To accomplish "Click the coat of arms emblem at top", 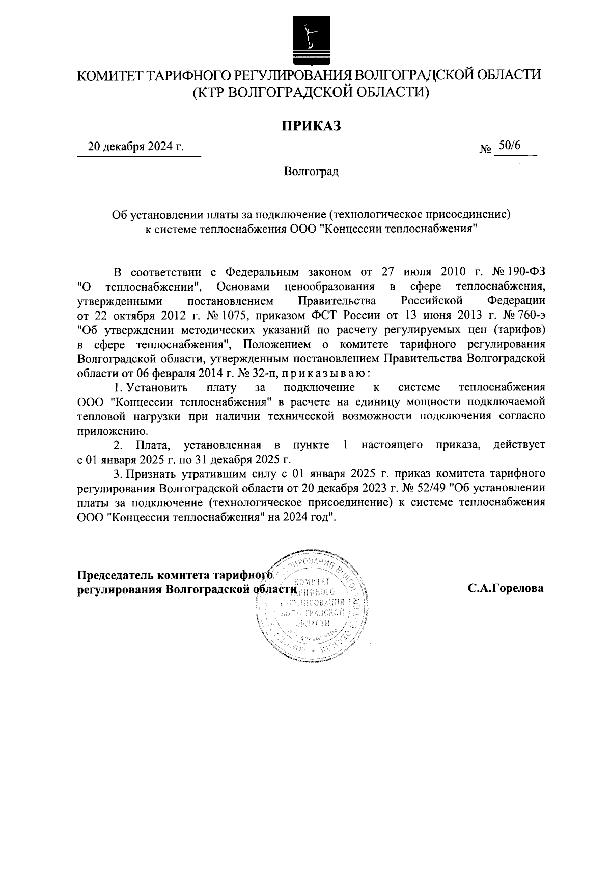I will [x=306, y=38].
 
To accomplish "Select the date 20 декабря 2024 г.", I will [x=135, y=147].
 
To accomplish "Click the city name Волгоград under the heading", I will [x=311, y=172].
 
